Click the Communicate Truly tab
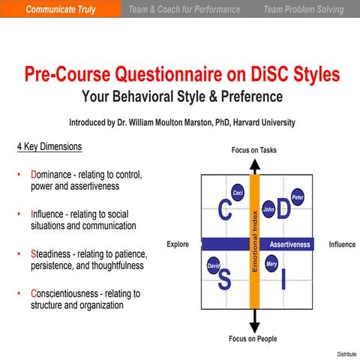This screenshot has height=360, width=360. tap(60, 10)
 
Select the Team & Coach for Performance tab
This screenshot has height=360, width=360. tap(184, 10)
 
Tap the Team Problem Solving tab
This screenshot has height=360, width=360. tap(303, 10)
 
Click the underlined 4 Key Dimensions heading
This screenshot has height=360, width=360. tap(49, 146)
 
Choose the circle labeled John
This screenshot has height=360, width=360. tap(268, 209)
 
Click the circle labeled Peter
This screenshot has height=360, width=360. tap(297, 197)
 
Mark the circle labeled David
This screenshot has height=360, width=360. tap(213, 266)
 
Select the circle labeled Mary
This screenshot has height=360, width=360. tap(271, 264)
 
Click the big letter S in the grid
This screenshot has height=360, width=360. tap(224, 280)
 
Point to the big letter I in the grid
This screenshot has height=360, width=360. tap(283, 280)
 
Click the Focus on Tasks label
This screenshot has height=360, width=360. tap(254, 150)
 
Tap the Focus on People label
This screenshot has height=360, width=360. tap(253, 339)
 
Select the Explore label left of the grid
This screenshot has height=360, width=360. tap(178, 244)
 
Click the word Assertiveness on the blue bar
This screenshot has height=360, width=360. tap(289, 244)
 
